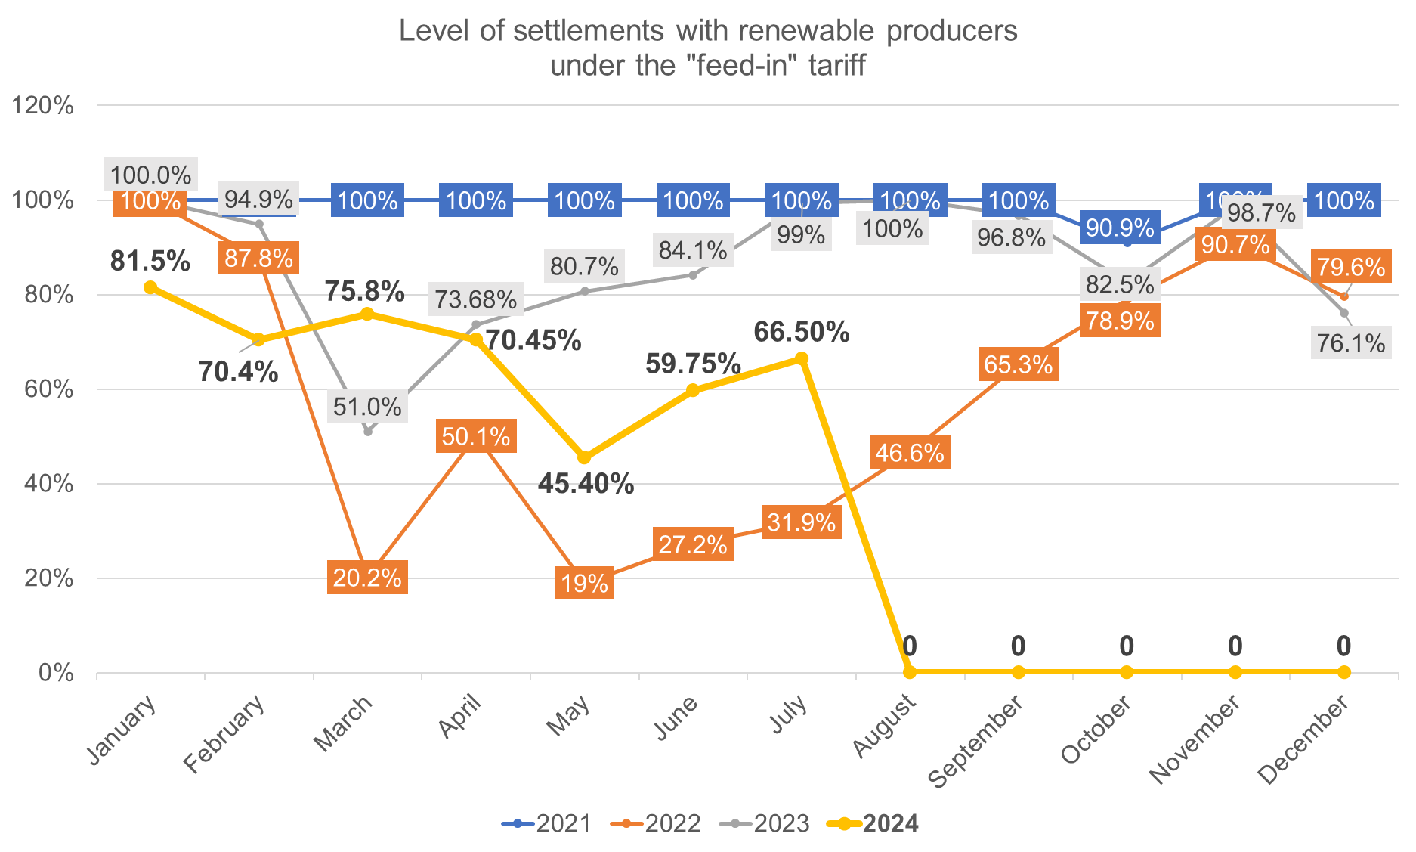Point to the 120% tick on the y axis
43,105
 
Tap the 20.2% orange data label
367,578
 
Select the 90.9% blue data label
1120,227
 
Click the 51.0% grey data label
367,407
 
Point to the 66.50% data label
801,332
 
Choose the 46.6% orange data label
910,453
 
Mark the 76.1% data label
1351,343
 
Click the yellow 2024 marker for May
584,458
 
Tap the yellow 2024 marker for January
150,287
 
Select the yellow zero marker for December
1343,672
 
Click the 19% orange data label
584,584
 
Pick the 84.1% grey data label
693,250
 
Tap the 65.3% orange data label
1018,364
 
